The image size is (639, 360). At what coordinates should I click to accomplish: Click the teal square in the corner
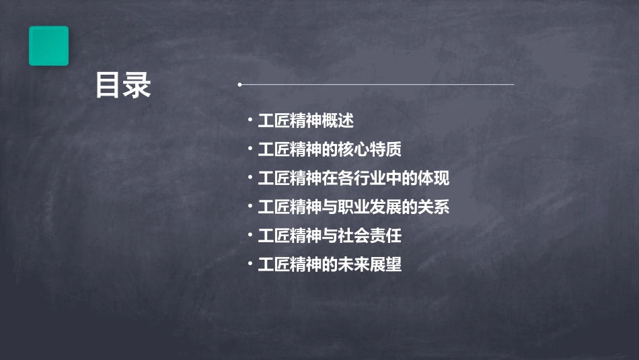point(48,46)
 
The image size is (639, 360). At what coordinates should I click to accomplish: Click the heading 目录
point(123,85)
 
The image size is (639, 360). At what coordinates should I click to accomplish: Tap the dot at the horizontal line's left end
point(239,85)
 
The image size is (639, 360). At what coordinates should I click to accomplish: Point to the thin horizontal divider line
point(377,85)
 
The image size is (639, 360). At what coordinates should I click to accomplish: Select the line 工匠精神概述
point(306,121)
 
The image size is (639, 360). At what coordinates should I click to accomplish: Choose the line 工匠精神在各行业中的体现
point(354,179)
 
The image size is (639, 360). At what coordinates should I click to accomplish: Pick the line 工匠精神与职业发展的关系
point(354,207)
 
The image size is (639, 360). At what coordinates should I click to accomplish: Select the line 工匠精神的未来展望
point(330,264)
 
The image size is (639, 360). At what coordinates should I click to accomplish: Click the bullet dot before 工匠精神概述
point(250,121)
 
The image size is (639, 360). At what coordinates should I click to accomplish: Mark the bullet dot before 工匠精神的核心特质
point(250,149)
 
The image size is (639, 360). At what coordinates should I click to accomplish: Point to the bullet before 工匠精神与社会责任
point(250,236)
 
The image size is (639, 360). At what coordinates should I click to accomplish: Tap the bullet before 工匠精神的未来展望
point(250,264)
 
